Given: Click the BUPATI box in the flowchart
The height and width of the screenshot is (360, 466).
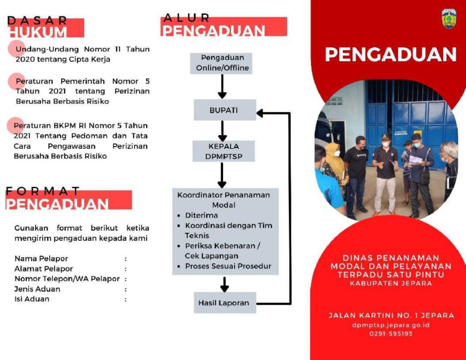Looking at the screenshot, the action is pos(225,110).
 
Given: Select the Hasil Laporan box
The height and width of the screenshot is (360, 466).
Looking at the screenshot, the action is pos(225,303).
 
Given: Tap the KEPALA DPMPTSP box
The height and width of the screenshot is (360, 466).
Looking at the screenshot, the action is pos(223,151).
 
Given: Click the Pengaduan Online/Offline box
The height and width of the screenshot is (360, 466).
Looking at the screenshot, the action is pos(221,63).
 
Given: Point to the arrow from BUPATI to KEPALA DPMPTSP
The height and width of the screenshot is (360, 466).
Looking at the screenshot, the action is pos(222,131).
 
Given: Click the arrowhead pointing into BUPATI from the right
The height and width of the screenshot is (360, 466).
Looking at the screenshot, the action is pos(260,113).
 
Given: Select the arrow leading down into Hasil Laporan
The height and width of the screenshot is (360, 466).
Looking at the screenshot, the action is pos(224,284).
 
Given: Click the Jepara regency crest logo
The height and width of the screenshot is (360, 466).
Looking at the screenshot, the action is pos(449,19).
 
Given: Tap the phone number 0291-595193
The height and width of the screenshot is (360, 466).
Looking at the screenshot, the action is pos(391,334).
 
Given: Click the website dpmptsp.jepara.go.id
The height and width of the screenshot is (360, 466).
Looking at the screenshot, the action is pos(391,325).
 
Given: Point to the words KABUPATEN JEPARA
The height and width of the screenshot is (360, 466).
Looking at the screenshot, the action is pos(391,283).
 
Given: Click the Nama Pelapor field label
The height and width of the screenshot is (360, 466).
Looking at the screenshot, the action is pos(41,259).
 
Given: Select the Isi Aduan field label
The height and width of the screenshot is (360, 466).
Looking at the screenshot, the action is pos(32,299).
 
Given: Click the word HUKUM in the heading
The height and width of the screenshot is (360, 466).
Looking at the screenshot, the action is pos(38,32).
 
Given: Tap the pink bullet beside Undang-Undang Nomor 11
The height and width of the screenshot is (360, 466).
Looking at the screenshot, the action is pos(16,48).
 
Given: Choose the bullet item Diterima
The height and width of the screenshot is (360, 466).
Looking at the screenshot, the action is pos(201,215).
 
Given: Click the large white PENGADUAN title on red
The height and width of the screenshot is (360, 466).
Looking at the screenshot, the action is pos(391,55).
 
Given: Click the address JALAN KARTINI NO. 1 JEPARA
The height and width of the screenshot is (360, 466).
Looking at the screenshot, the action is pos(391,315).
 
